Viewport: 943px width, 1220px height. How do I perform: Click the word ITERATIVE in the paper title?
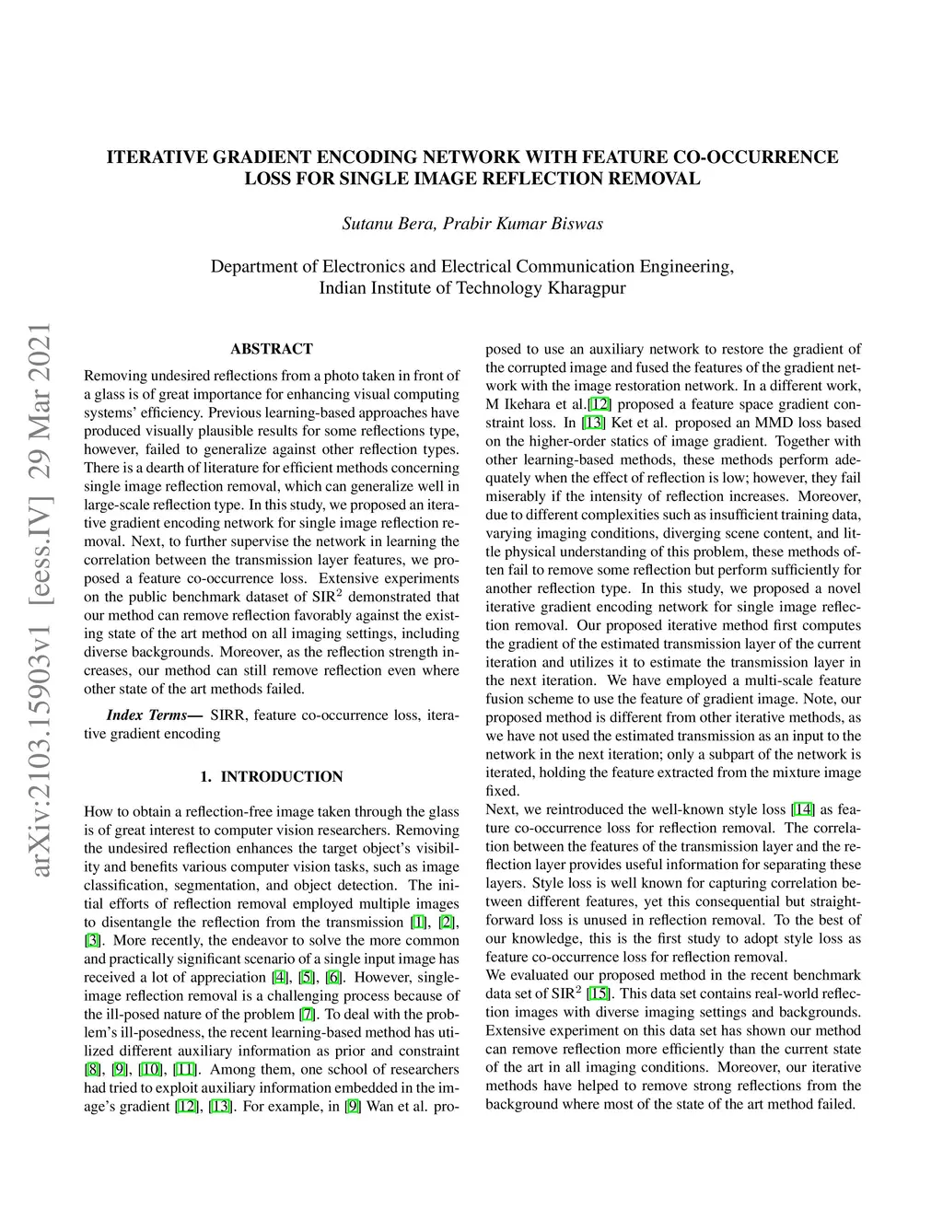click(x=157, y=157)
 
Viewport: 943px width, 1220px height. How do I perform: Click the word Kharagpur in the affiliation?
click(x=587, y=288)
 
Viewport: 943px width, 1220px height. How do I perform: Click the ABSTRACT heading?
click(x=272, y=349)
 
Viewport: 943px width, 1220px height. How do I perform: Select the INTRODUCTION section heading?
click(x=282, y=777)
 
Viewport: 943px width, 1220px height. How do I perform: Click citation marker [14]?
click(x=803, y=809)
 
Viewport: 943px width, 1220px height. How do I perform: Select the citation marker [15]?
click(x=599, y=993)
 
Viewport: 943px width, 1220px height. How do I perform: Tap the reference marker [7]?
click(x=308, y=1015)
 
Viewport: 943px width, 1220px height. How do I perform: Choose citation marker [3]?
click(x=93, y=941)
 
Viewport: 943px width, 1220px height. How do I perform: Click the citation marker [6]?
click(x=334, y=978)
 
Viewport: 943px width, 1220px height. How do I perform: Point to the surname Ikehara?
click(x=529, y=404)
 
